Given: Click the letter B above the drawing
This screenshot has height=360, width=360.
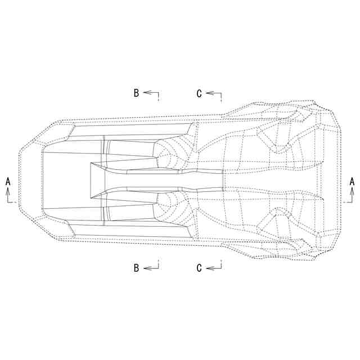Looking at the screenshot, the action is pos(136,93).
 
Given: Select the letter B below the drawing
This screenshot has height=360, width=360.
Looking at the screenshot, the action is pos(136,268).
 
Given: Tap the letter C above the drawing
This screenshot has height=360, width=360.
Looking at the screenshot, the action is pos(199,93).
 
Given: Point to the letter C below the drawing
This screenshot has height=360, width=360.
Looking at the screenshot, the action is pos(199,268).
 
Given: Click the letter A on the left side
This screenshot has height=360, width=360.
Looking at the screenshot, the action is pos(8,182).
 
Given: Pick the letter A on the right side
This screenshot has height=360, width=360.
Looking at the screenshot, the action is pos(352,182).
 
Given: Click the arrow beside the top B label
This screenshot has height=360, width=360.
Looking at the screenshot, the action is pos(151,93).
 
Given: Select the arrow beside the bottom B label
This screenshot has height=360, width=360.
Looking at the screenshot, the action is pos(151,268).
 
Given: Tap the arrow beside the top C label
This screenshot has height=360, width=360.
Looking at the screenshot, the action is pos(214,93).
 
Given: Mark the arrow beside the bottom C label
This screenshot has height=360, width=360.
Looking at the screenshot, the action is pos(214,268).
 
